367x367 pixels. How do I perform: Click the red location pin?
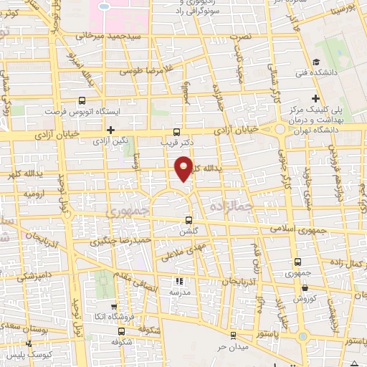[x=184, y=167]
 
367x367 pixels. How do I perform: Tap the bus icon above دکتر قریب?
[x=177, y=131]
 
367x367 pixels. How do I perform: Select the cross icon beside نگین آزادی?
[x=110, y=130]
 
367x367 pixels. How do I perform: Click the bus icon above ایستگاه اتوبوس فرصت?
[x=81, y=101]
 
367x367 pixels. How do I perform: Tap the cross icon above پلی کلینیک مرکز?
[x=315, y=98]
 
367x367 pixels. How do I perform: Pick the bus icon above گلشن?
[x=189, y=220]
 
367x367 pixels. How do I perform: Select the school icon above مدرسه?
[x=180, y=282]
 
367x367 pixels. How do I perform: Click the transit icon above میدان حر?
[x=232, y=336]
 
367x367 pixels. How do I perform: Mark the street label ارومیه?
[x=34, y=194]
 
